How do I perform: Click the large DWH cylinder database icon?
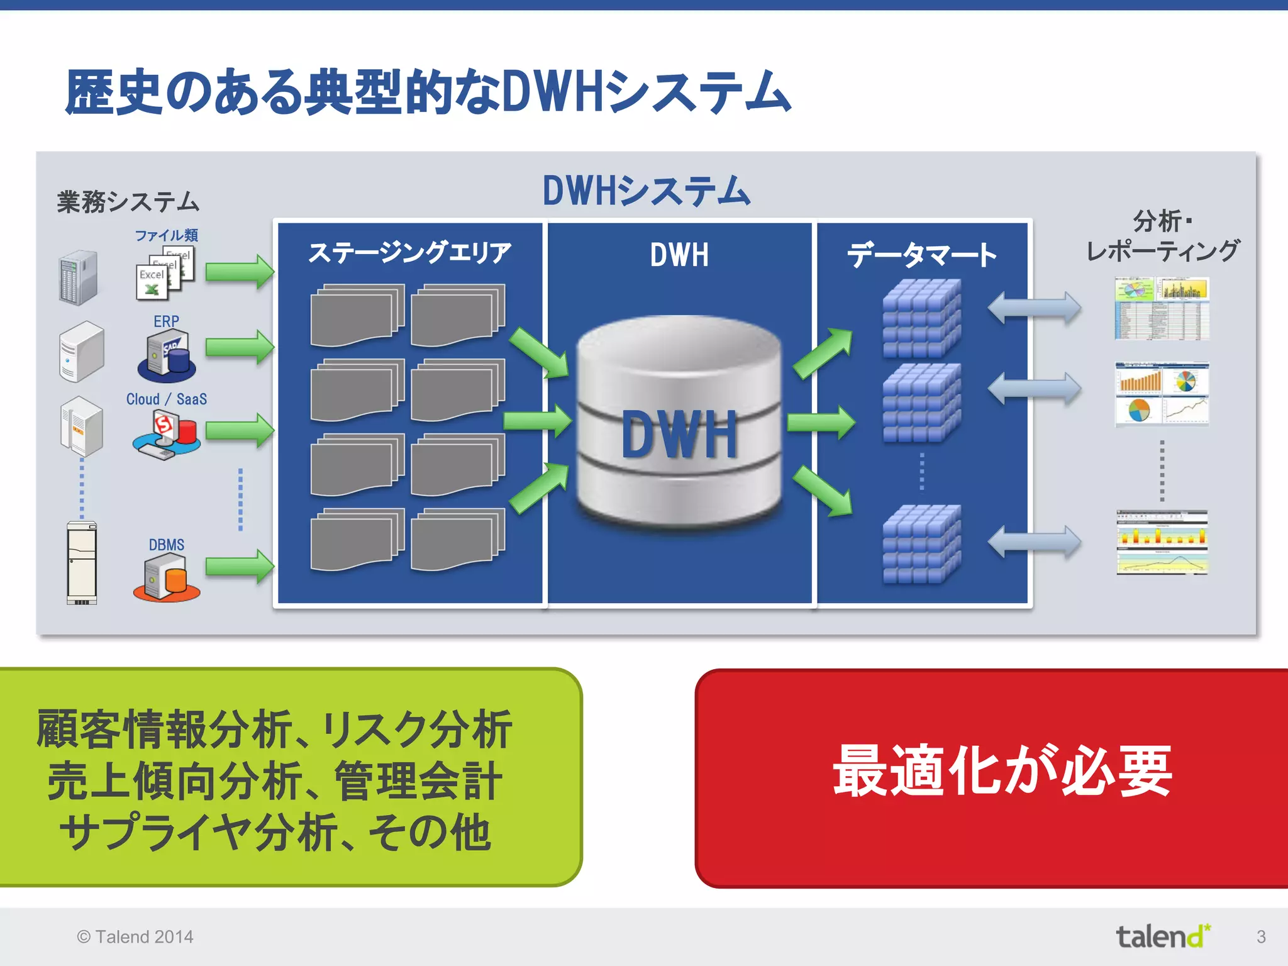point(679,421)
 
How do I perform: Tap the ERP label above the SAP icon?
point(166,321)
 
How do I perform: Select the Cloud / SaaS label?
point(166,399)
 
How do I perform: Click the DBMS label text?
point(166,545)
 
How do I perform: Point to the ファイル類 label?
point(166,235)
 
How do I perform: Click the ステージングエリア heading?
point(409,253)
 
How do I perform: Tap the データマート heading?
point(921,255)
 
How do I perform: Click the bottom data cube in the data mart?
point(921,544)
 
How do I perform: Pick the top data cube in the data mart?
point(921,318)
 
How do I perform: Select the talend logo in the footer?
point(1162,936)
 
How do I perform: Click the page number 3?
point(1261,936)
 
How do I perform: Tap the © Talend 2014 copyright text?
point(135,936)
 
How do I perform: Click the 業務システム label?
point(128,202)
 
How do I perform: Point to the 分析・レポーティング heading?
point(1162,236)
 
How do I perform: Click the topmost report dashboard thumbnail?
point(1162,309)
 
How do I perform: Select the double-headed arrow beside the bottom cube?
point(1034,542)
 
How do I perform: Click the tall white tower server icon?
point(82,563)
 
